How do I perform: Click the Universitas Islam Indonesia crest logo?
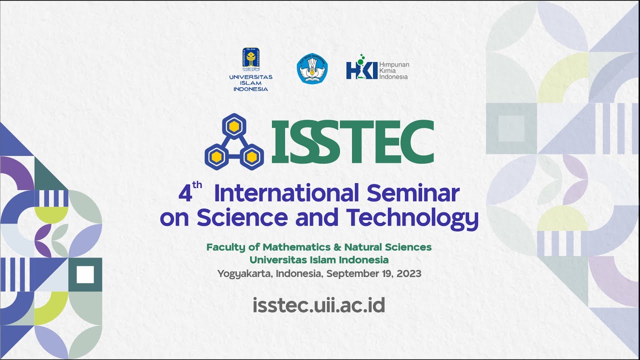pyautogui.click(x=250, y=59)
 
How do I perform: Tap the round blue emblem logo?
pyautogui.click(x=312, y=69)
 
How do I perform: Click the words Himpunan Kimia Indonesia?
pyautogui.click(x=394, y=70)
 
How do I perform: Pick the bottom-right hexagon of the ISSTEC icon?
pyautogui.click(x=250, y=157)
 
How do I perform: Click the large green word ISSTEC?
pyautogui.click(x=351, y=141)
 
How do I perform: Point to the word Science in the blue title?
pyautogui.click(x=242, y=217)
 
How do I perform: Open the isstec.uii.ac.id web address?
pyautogui.click(x=319, y=304)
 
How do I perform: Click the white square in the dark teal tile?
pyautogui.click(x=85, y=274)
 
